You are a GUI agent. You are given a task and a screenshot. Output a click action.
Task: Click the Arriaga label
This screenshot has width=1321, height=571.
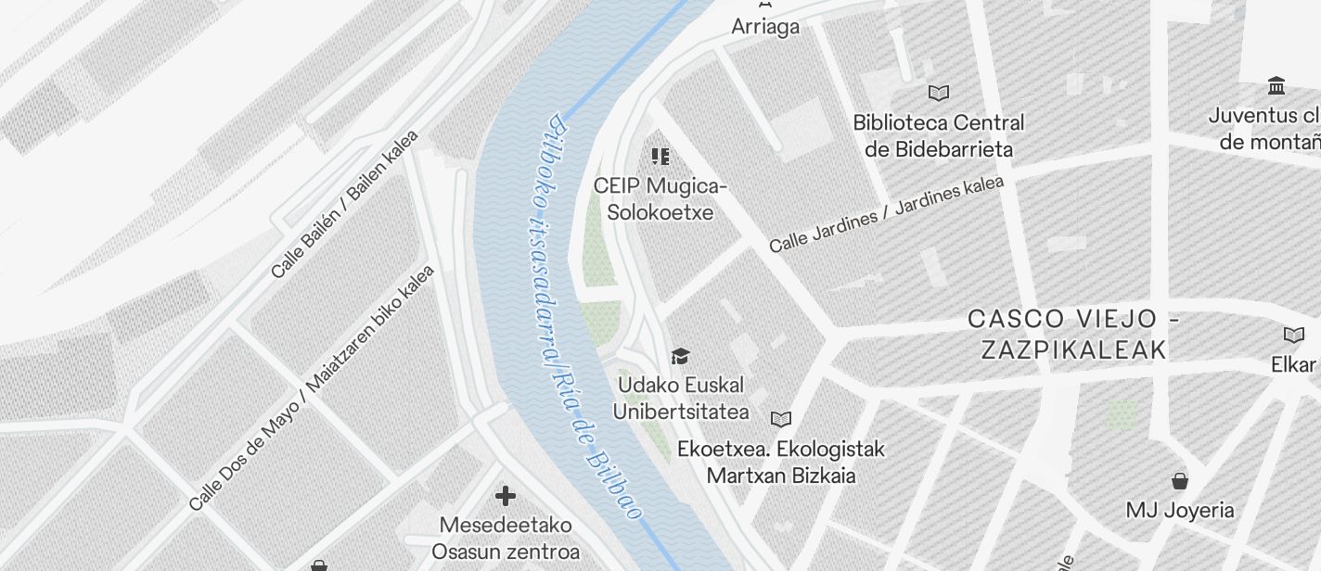tap(765, 27)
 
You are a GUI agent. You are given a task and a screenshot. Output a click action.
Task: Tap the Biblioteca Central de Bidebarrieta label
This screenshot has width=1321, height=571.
tap(938, 135)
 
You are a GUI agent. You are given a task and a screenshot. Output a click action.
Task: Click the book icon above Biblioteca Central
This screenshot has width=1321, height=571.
tap(939, 93)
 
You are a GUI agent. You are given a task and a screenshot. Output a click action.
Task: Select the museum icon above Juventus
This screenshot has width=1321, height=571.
tap(1276, 86)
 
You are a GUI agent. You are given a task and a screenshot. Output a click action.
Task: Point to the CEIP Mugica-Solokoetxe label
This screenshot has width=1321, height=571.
tap(660, 198)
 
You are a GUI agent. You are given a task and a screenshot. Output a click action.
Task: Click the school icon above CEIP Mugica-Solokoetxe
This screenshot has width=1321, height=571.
tap(660, 157)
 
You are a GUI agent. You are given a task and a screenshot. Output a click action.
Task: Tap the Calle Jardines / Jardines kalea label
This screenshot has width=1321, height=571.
tap(886, 214)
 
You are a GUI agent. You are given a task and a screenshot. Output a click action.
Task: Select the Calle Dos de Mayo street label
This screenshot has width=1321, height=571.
tap(312, 387)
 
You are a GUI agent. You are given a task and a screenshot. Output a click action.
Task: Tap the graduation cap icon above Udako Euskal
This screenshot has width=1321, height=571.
tap(681, 357)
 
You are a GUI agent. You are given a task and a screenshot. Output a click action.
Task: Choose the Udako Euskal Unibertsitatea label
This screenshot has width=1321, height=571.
tap(681, 398)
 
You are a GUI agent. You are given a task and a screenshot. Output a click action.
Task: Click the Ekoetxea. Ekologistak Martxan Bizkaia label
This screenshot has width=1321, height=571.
tap(781, 462)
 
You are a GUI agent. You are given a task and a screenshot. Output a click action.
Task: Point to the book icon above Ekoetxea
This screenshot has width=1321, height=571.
tap(782, 419)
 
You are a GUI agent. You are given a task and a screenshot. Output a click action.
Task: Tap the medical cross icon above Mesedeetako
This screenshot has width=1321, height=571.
tap(506, 496)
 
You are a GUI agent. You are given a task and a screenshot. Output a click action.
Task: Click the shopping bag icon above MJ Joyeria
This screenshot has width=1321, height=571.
tap(1180, 481)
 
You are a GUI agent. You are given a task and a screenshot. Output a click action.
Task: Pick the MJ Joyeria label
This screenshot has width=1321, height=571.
tap(1180, 510)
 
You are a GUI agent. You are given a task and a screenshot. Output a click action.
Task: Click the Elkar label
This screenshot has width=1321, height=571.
tap(1294, 364)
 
